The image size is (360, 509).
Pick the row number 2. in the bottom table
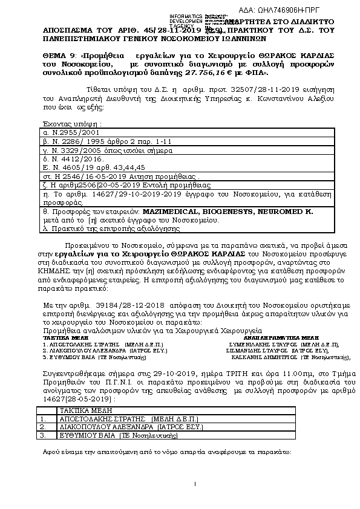pos(42,427)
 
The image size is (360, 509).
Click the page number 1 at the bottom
pos(196,484)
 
